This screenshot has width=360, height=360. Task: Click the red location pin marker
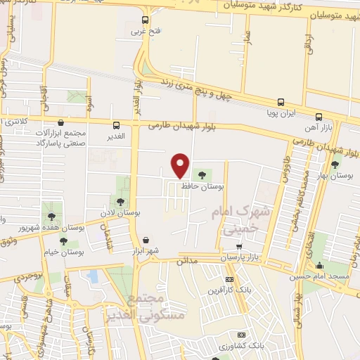181,165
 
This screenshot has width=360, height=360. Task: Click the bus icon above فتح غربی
146,20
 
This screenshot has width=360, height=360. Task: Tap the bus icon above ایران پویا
281,102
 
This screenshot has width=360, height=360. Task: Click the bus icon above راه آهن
319,117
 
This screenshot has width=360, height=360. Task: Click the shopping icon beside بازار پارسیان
240,247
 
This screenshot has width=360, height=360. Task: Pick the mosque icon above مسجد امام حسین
320,265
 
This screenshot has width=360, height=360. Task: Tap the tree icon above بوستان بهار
335,164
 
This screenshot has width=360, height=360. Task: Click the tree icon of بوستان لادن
120,202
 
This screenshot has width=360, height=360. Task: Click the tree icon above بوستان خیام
63,240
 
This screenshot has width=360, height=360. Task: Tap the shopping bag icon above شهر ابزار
146,240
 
